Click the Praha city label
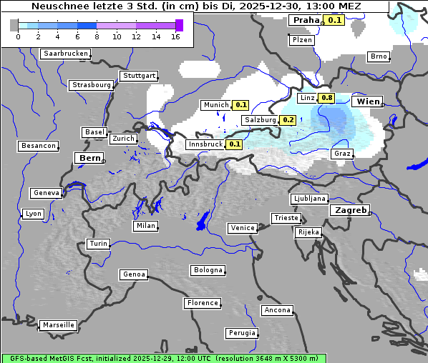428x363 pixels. point(306,20)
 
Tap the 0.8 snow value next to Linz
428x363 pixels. point(327,98)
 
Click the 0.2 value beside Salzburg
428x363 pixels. point(288,120)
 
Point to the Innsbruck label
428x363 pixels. point(205,144)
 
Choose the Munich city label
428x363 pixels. point(215,105)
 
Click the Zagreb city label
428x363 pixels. point(349,211)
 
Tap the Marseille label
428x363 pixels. point(58,325)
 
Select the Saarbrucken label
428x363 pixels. point(66,54)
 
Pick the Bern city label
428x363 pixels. point(89,158)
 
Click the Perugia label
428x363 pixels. point(241,333)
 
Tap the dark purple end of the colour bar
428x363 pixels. point(179,25)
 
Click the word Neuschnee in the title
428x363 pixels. point(55,6)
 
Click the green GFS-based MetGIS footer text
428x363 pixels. point(163,358)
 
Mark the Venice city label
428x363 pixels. point(242,228)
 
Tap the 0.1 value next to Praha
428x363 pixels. point(335,20)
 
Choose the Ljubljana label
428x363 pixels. point(309,199)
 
